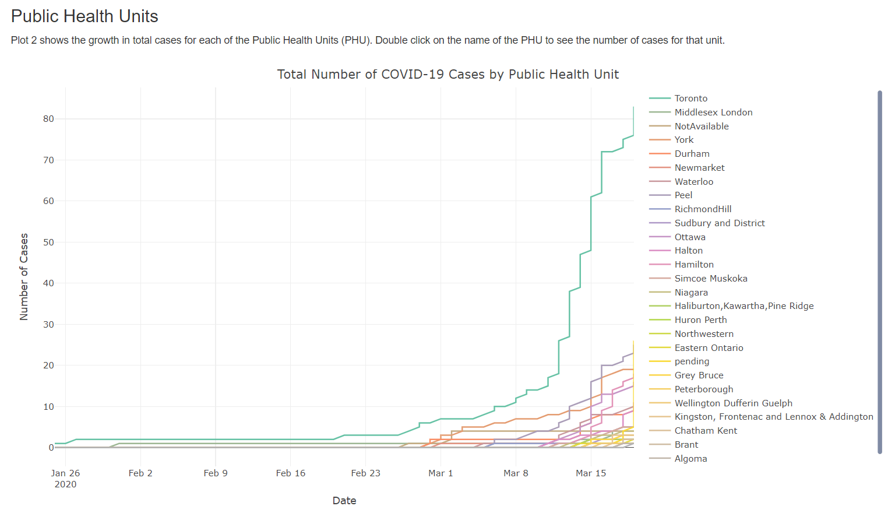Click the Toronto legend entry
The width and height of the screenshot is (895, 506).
(690, 99)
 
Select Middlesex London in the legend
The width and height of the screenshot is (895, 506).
(713, 113)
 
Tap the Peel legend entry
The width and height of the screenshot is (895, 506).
(683, 195)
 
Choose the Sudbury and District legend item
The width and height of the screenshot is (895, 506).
(720, 223)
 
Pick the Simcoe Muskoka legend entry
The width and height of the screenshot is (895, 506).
(711, 279)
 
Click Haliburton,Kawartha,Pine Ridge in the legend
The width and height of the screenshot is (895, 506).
(744, 306)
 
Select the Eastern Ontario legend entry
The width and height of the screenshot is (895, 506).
(709, 348)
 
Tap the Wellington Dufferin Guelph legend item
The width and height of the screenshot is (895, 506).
(733, 403)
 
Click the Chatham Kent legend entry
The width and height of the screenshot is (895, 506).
(706, 431)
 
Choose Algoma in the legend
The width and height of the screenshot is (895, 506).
(690, 459)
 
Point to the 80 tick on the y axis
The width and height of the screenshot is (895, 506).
(48, 119)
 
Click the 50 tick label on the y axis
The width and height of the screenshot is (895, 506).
(48, 243)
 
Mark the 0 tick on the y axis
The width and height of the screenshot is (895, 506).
(51, 448)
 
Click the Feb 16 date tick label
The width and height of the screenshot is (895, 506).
(291, 473)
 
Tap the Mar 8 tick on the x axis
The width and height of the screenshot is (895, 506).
(516, 473)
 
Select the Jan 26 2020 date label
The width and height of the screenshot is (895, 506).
(65, 479)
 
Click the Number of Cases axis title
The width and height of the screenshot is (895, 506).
(24, 277)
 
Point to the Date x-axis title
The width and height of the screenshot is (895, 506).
(344, 500)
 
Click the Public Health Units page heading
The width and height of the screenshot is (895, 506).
(84, 16)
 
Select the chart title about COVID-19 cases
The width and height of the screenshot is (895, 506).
(447, 75)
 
